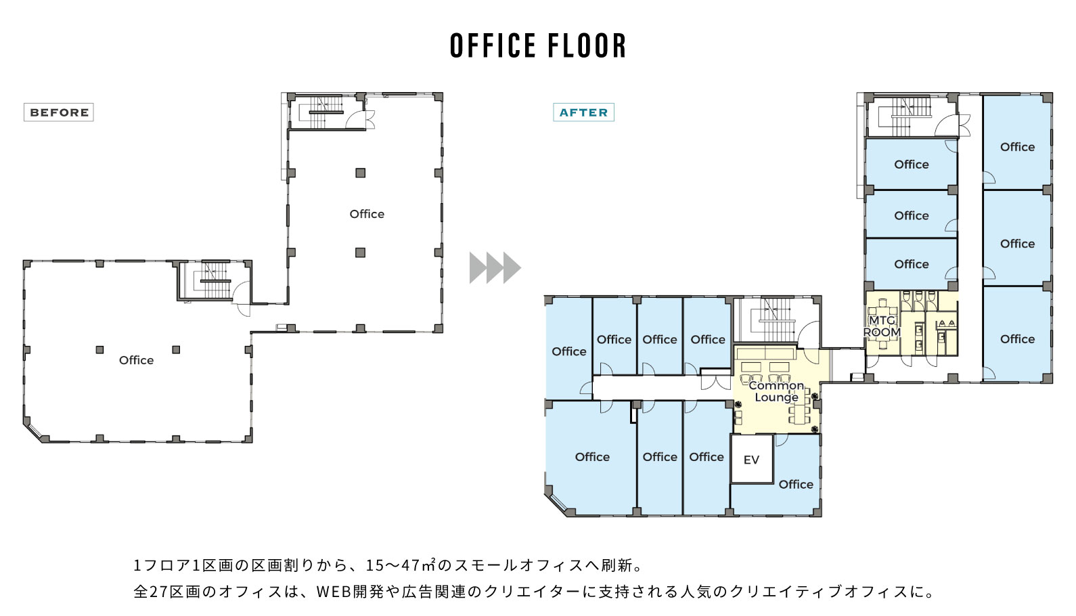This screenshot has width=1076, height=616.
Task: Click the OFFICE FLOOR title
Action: point(538,45)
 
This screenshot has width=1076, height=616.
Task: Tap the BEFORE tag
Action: point(59,112)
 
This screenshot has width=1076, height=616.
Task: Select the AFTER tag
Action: point(583,112)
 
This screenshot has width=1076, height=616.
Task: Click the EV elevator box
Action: point(752,459)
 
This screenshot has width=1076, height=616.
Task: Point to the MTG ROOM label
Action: point(882,326)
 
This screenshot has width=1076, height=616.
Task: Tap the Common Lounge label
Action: point(776,391)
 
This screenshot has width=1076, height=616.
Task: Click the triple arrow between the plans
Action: point(495,267)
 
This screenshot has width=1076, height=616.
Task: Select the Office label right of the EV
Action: point(796,485)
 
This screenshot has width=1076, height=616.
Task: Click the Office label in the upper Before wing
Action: point(367,214)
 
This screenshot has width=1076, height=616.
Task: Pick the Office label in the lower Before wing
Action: point(137,360)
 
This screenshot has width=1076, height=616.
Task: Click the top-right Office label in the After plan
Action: point(1017,147)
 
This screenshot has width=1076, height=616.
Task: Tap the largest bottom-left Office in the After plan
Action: point(592,457)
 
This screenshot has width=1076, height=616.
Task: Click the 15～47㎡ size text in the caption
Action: point(401,565)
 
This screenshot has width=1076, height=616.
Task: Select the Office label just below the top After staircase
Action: point(912,164)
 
